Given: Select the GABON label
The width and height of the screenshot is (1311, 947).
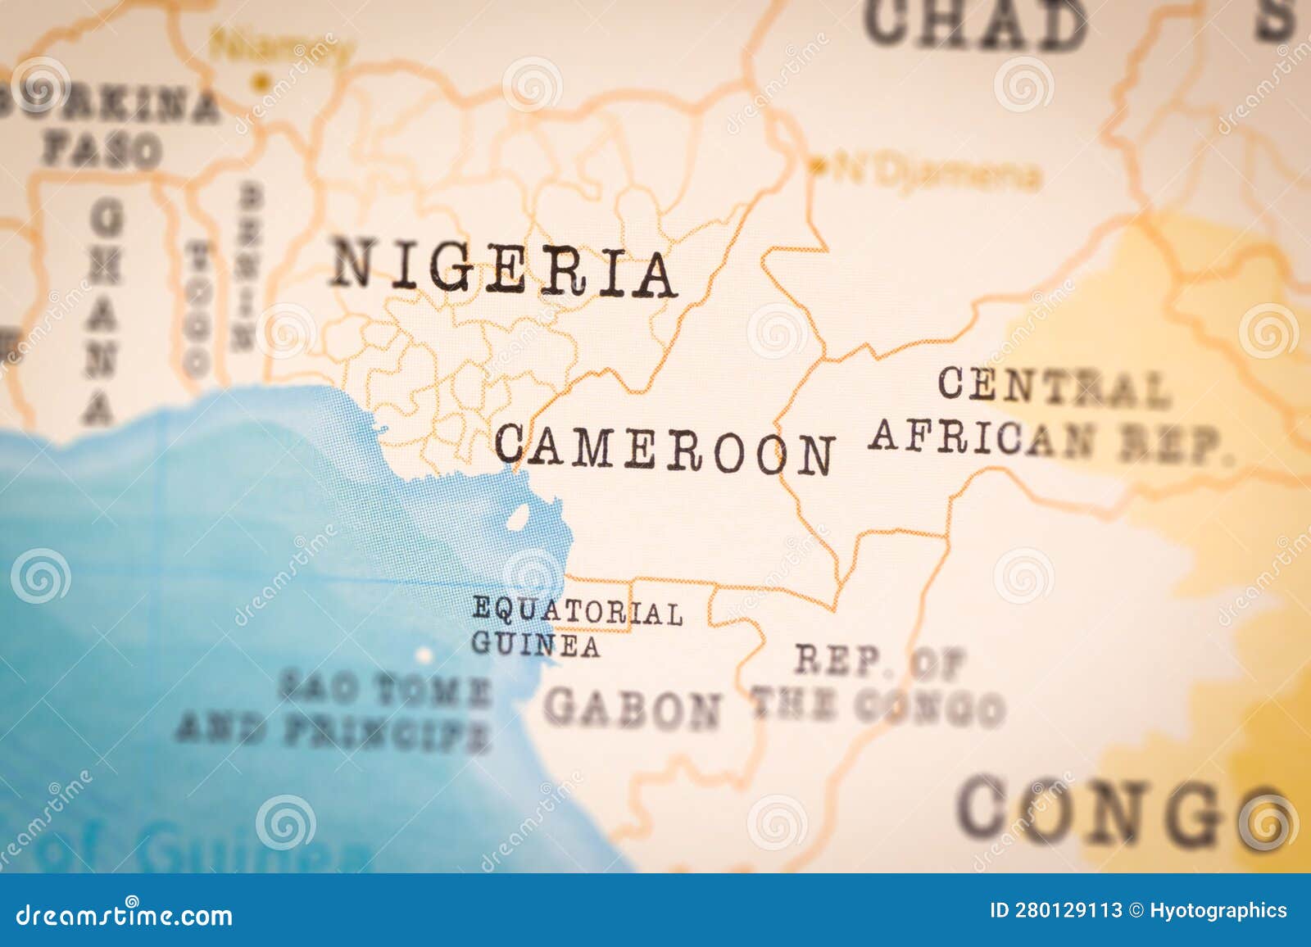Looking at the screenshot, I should [633, 709].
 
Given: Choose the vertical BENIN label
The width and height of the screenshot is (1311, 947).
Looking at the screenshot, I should [246, 266].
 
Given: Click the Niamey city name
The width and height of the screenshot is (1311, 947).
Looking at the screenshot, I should [279, 48].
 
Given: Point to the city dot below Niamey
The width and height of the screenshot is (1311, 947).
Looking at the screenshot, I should [261, 81].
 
